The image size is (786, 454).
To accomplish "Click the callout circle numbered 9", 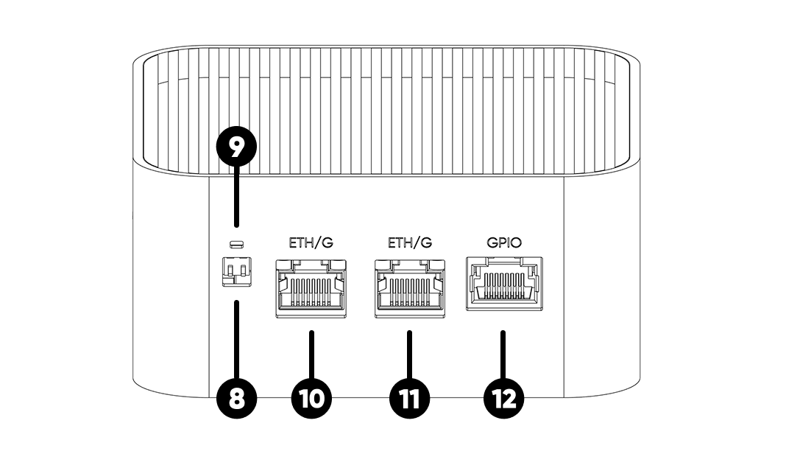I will click(x=236, y=147).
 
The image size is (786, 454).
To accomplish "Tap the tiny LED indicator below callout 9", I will click(x=236, y=245).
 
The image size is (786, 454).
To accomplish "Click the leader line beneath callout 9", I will click(x=236, y=199).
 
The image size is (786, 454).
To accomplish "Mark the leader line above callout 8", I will click(x=236, y=339).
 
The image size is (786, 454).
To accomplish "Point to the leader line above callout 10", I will click(x=311, y=354).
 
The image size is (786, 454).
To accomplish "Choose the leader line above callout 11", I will click(x=409, y=354).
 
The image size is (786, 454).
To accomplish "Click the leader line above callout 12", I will click(x=503, y=354).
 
